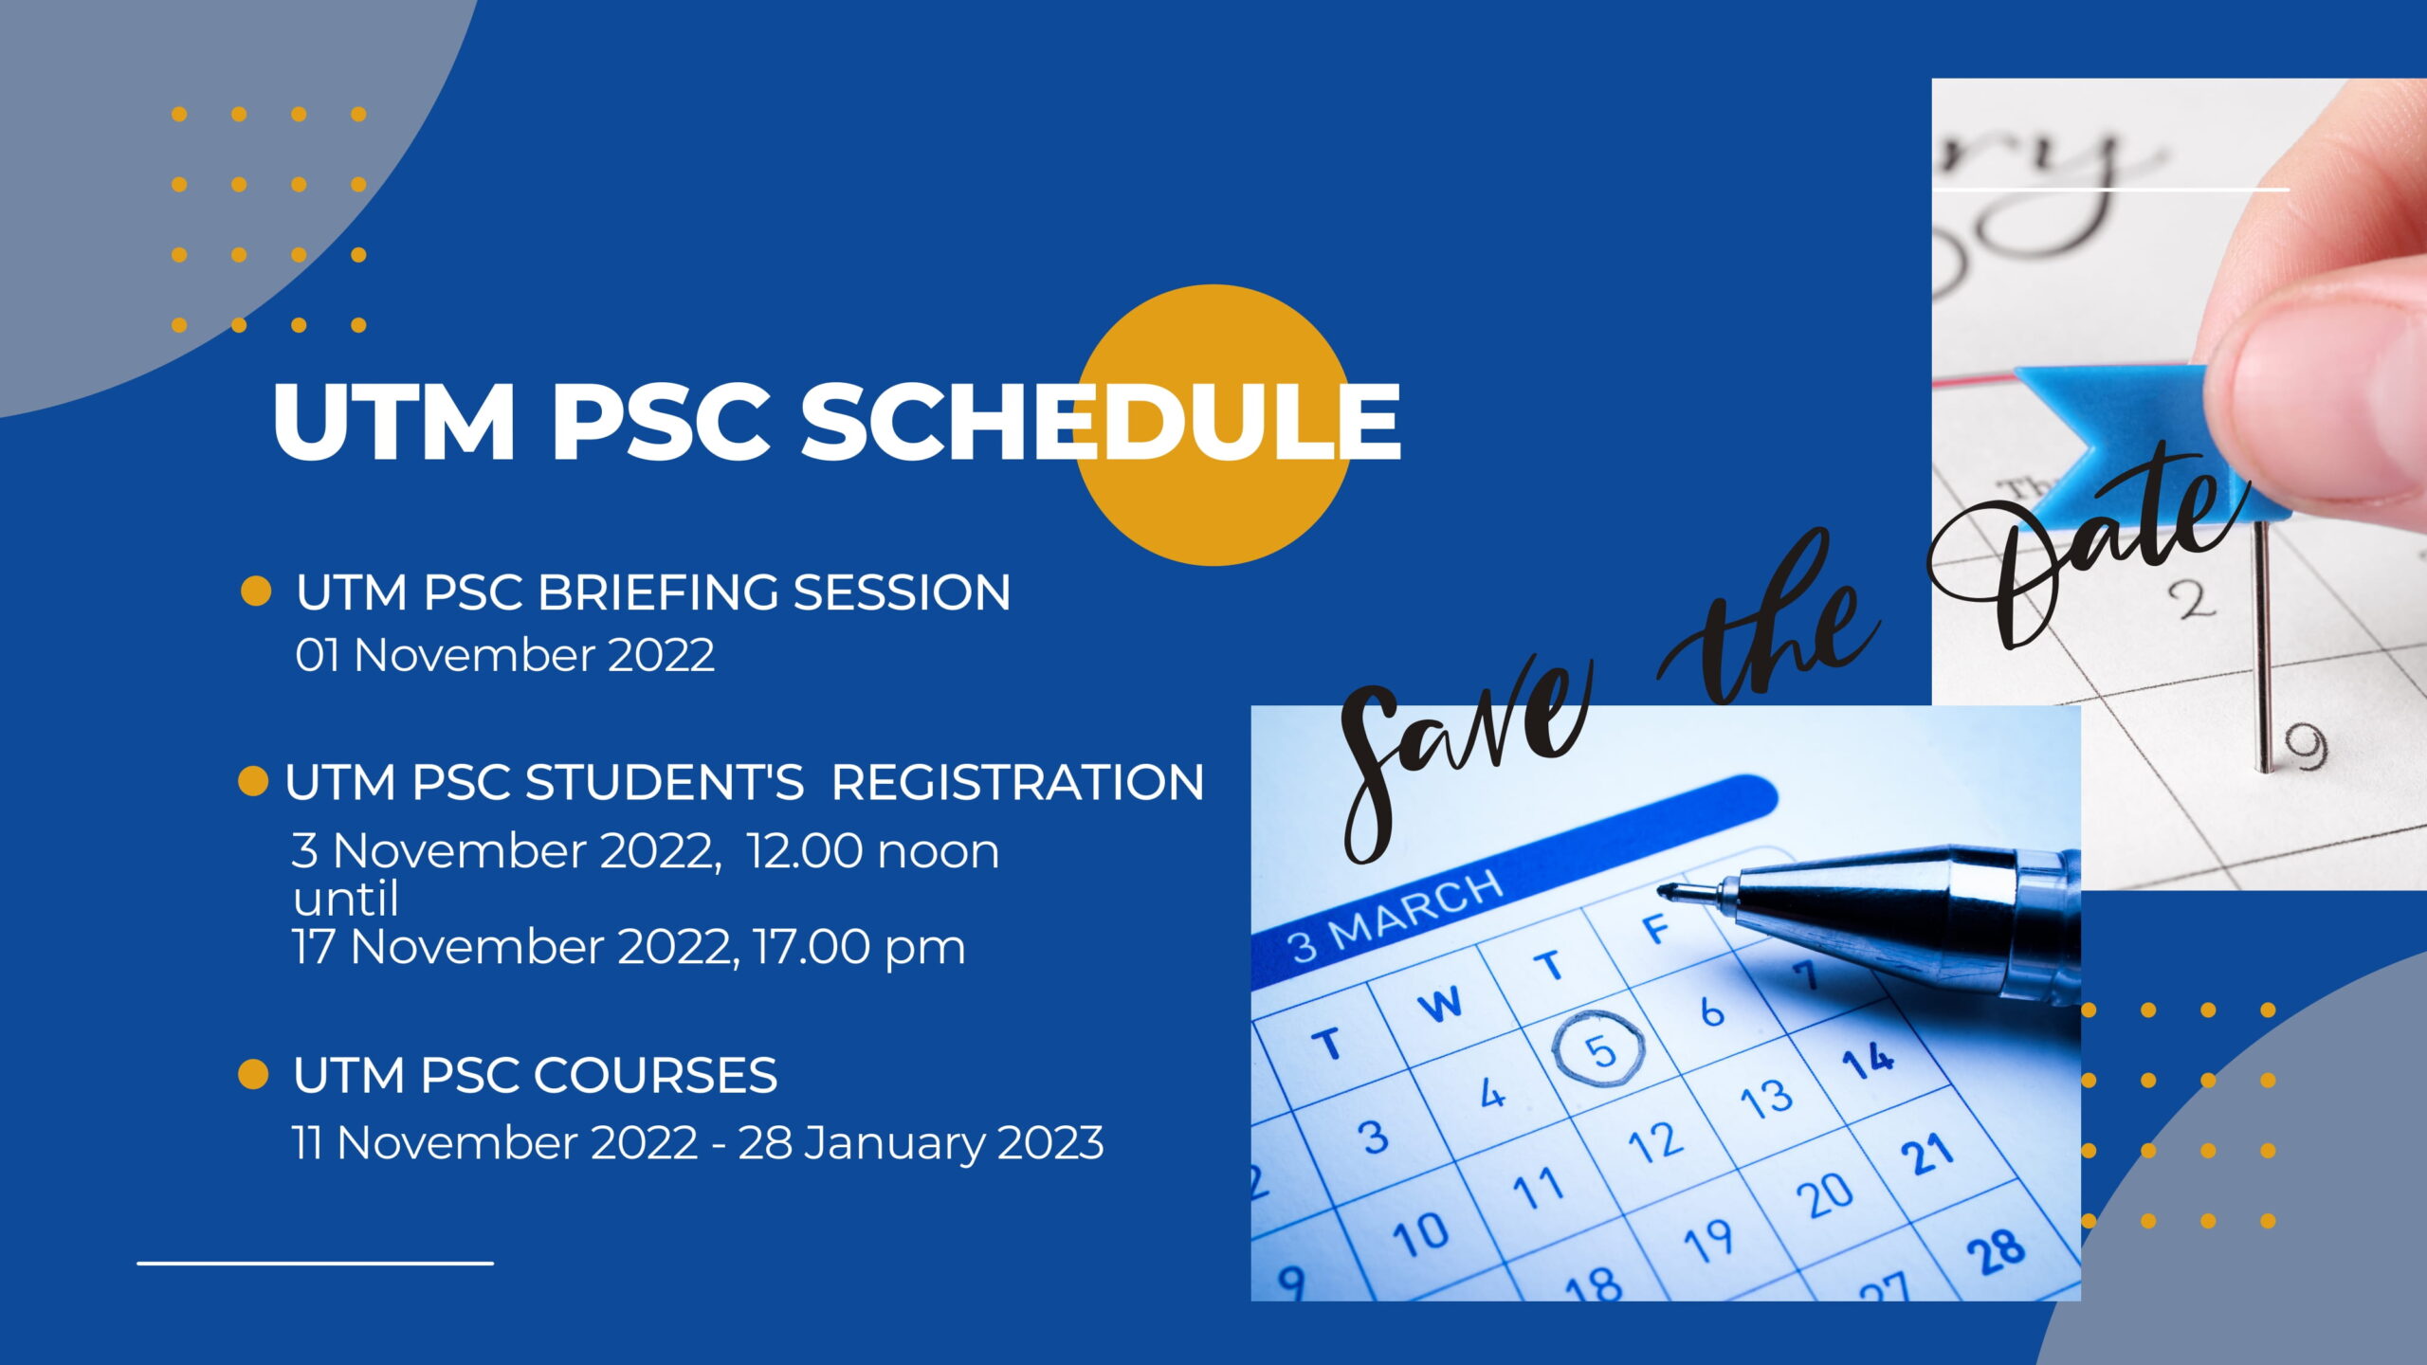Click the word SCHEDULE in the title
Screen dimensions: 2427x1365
coord(1101,421)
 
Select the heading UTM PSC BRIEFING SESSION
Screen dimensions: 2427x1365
coord(653,592)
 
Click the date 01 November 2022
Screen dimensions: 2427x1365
coord(504,655)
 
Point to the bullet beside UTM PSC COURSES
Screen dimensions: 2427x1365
coord(253,1074)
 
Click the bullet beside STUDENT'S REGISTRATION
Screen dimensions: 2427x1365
coord(253,781)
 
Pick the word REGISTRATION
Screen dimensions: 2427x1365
coord(1017,782)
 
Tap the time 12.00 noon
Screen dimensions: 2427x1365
coord(872,850)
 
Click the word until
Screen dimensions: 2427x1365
coord(346,898)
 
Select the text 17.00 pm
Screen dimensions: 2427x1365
coord(860,947)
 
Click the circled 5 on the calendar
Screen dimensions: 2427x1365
coord(1600,1049)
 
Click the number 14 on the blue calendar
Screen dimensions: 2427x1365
coord(1869,1061)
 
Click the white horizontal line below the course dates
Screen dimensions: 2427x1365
coord(315,1263)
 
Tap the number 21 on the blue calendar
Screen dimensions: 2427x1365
coord(1926,1155)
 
